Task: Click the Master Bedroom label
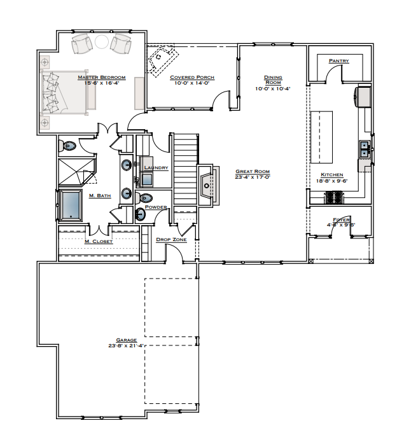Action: (101, 78)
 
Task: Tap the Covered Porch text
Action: (192, 78)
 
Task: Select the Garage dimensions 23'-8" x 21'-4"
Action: (127, 346)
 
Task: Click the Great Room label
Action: (253, 171)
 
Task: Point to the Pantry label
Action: (338, 61)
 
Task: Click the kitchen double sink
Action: (365, 149)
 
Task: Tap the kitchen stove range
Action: (335, 198)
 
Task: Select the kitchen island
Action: (321, 136)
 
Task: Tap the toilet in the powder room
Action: (145, 197)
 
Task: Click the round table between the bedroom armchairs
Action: (102, 43)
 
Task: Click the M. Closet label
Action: (99, 242)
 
